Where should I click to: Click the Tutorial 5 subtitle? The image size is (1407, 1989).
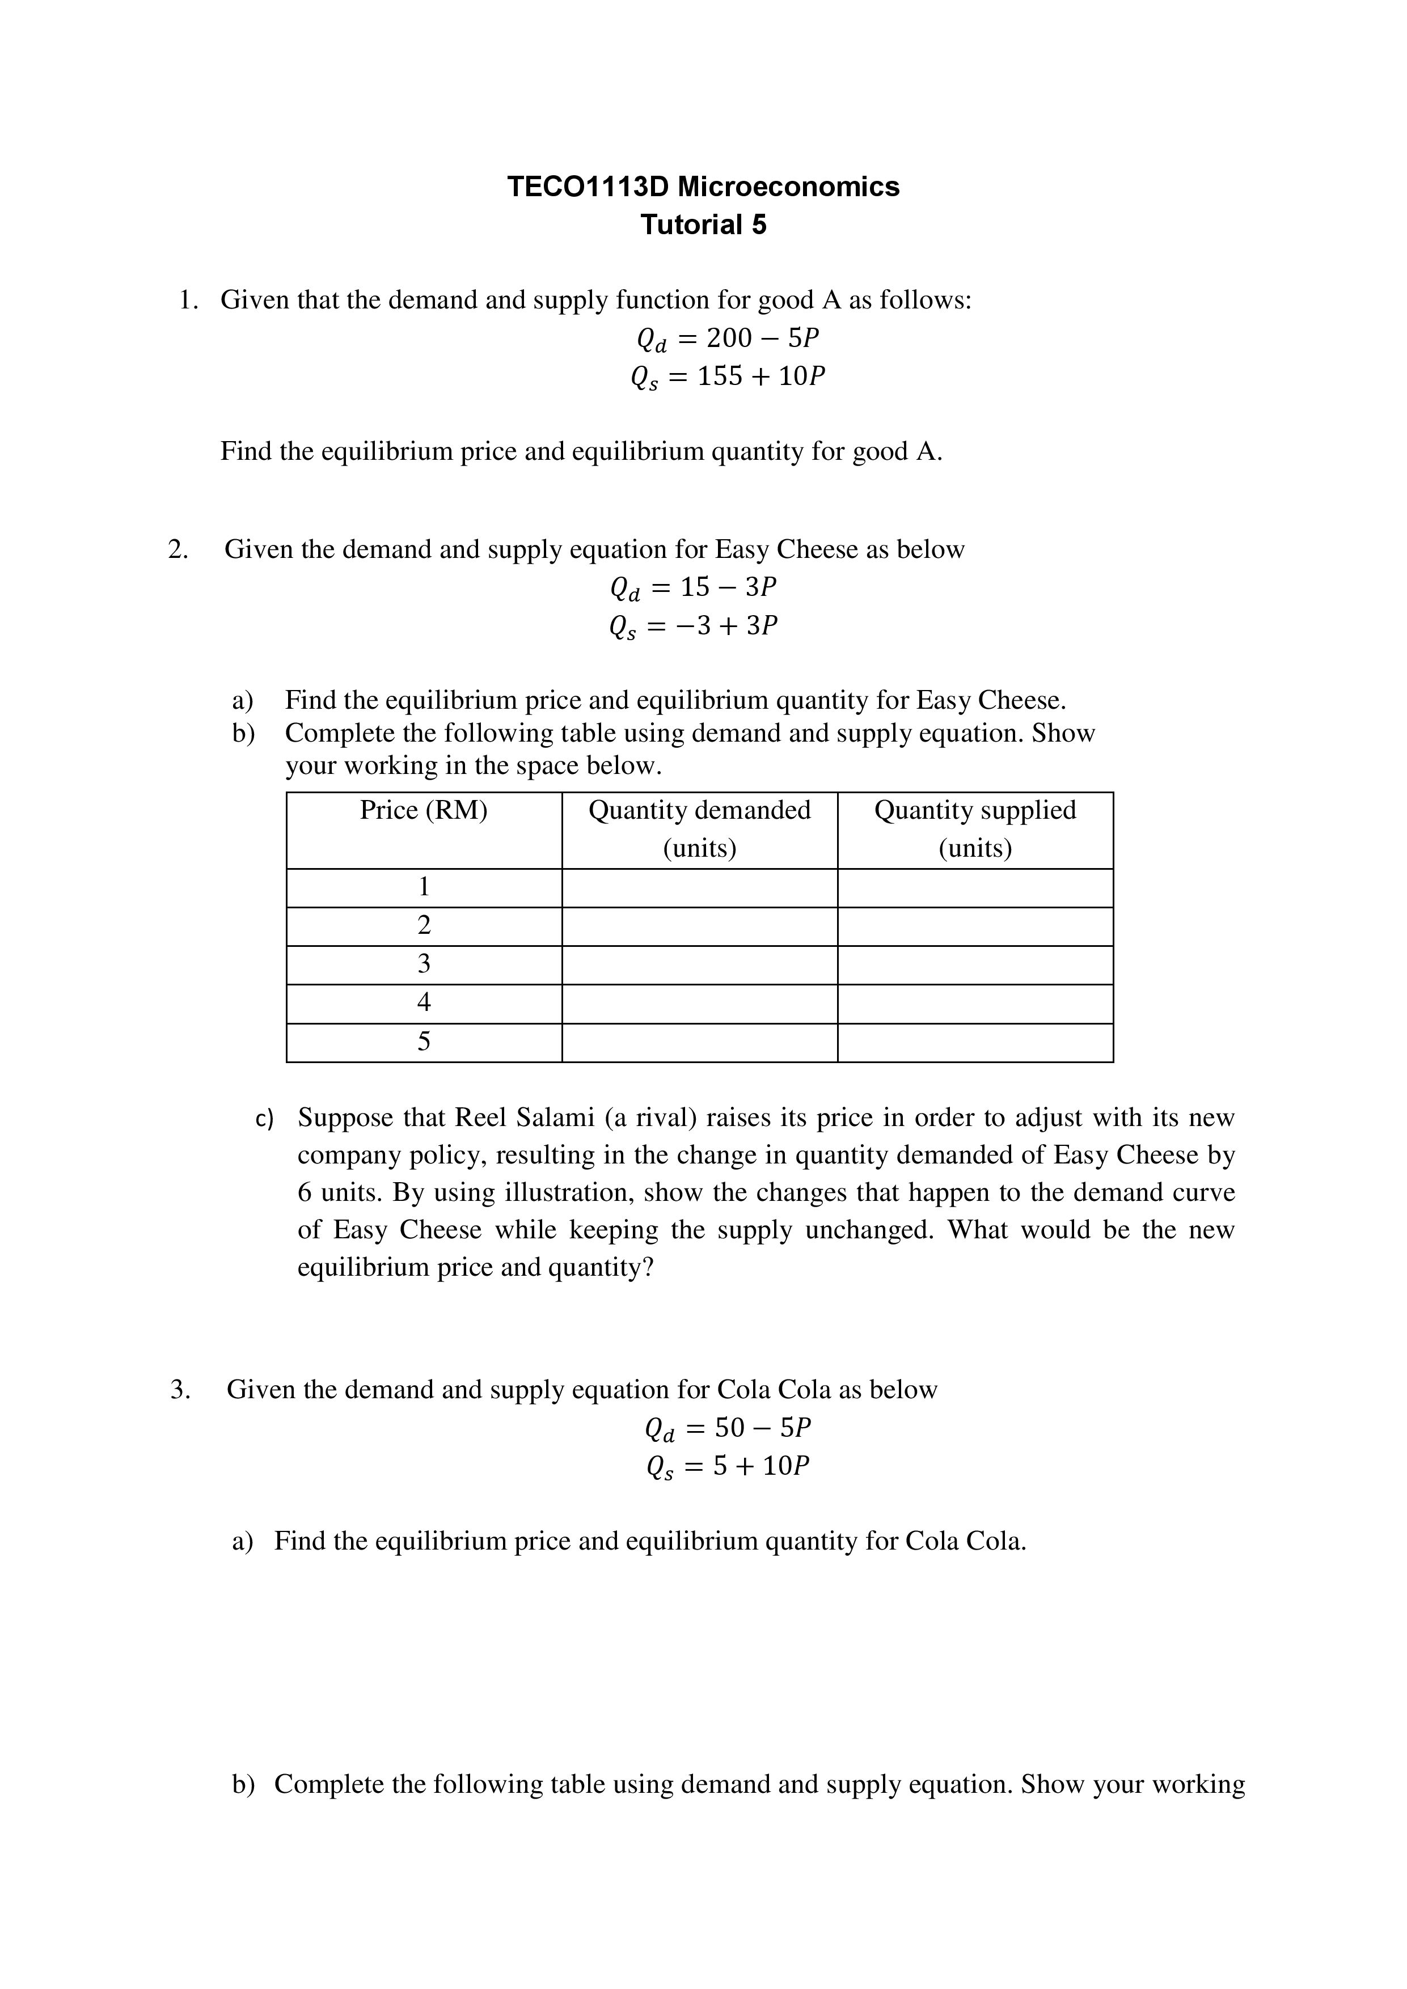pyautogui.click(x=703, y=225)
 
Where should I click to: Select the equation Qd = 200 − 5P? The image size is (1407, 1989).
pyautogui.click(x=728, y=338)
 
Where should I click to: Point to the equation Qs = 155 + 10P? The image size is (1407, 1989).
pyautogui.click(x=728, y=377)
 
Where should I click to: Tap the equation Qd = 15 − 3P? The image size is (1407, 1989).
pyautogui.click(x=693, y=588)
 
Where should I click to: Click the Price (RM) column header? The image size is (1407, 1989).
pyautogui.click(x=424, y=811)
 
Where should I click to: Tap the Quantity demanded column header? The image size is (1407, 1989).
pyautogui.click(x=699, y=828)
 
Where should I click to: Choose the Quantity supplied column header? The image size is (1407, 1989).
pyautogui.click(x=975, y=828)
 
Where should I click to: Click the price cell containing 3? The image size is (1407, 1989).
pyautogui.click(x=424, y=964)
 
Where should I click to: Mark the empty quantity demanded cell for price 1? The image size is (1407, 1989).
pyautogui.click(x=699, y=888)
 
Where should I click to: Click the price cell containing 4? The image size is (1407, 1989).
pyautogui.click(x=424, y=1003)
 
